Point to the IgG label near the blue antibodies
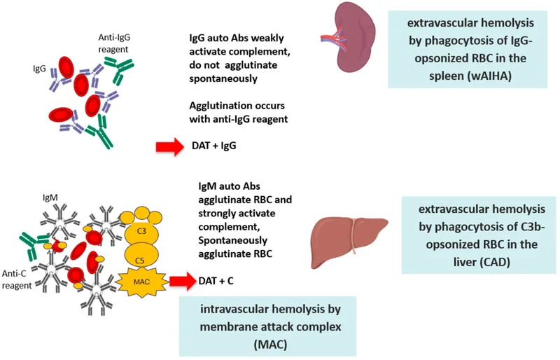pyautogui.click(x=39, y=70)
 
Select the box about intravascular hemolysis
pyautogui.click(x=267, y=326)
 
